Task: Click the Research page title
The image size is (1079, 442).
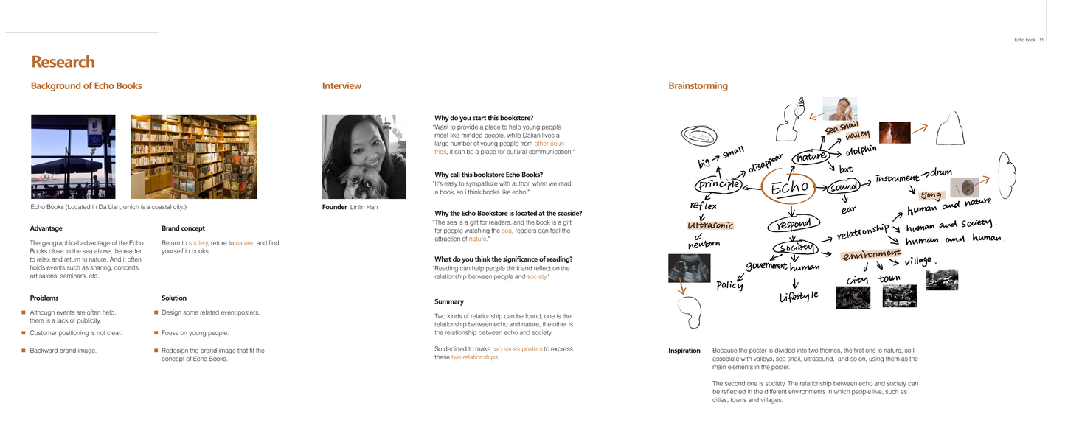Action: coord(63,62)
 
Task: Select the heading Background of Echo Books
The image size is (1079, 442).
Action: coord(86,86)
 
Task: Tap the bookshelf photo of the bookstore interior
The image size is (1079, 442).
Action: coord(193,157)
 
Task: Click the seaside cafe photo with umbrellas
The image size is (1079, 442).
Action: coord(73,157)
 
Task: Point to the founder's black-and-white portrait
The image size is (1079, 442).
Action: coord(364,157)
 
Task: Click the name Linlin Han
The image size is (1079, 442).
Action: coord(364,208)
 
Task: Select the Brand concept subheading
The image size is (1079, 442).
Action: coord(183,228)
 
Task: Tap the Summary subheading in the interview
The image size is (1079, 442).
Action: coord(448,301)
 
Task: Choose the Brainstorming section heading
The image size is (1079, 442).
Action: coord(698,86)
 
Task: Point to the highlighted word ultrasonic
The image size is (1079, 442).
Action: coord(710,225)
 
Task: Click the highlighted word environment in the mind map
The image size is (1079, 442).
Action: coord(871,255)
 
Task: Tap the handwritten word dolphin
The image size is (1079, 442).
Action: coord(861,151)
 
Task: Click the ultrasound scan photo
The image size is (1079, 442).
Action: coord(689,268)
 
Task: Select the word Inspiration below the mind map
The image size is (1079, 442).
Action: coord(684,351)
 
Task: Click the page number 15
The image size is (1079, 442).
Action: coord(1041,40)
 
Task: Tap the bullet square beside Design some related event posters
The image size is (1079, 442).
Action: coord(156,312)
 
